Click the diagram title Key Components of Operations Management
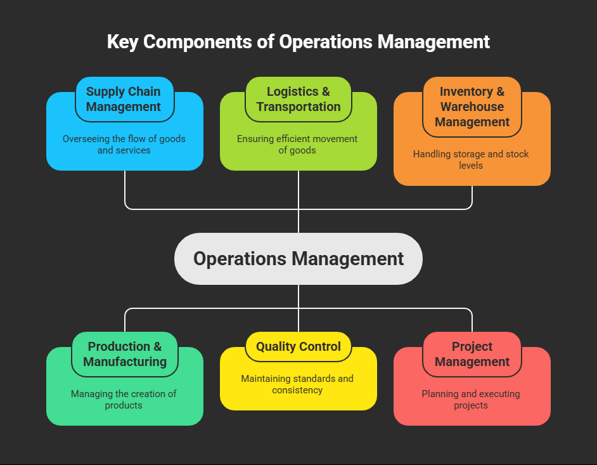tap(298, 42)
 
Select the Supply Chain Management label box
tap(124, 99)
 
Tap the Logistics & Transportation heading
tap(298, 99)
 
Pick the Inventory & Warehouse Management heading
tap(472, 107)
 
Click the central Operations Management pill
tap(298, 259)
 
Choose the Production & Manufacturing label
tap(124, 354)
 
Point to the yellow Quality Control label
tap(298, 346)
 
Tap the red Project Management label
tap(472, 354)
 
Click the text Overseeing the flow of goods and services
tap(124, 145)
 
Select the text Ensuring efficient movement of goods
tap(297, 145)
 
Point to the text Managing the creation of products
tap(124, 400)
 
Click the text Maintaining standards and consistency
tap(297, 384)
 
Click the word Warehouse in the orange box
tap(472, 107)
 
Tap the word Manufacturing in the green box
tap(125, 362)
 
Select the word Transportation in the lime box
tap(298, 107)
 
